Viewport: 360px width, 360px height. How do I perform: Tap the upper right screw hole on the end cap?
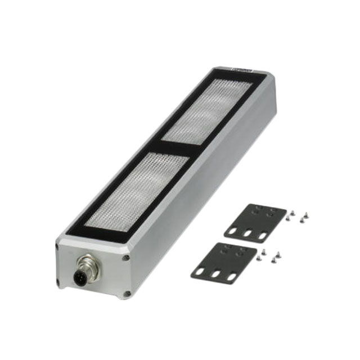[x=126, y=258]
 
